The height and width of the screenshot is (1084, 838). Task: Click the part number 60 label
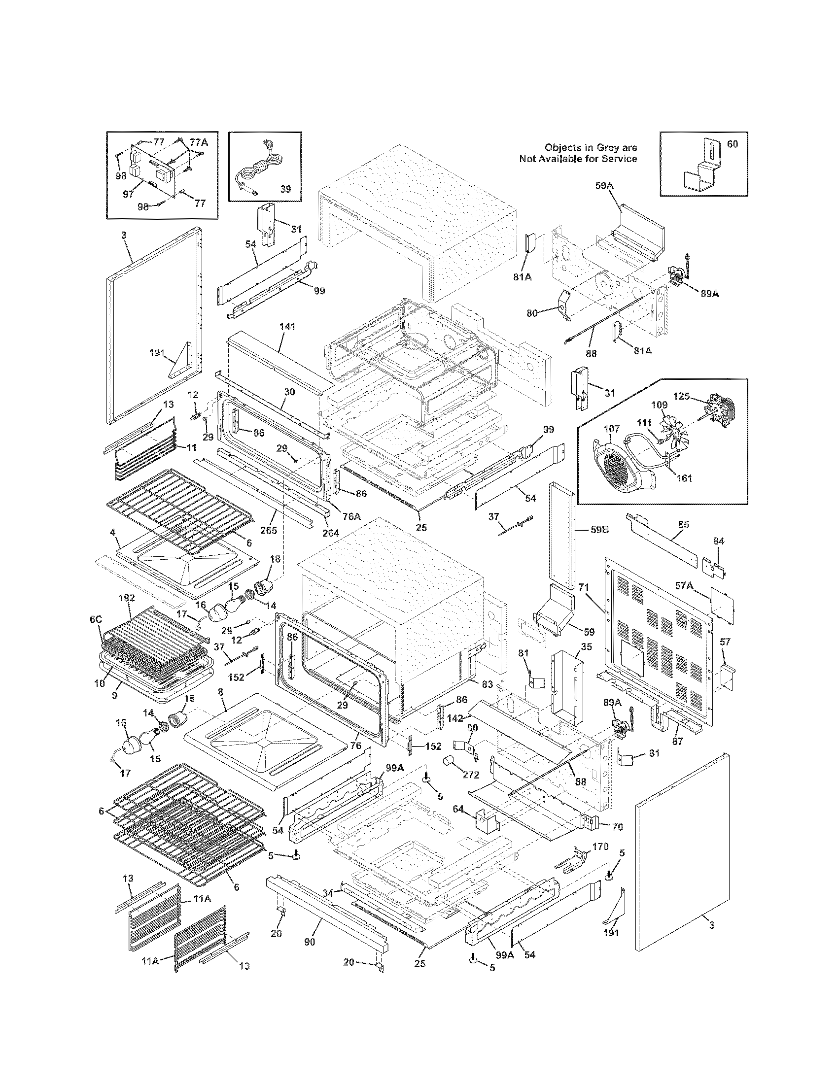pyautogui.click(x=732, y=144)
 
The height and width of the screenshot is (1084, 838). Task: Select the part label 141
pyautogui.click(x=287, y=327)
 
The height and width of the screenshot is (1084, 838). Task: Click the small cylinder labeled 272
pyautogui.click(x=450, y=761)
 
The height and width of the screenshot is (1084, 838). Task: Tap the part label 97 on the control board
pyautogui.click(x=129, y=194)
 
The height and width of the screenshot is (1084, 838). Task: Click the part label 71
pyautogui.click(x=583, y=587)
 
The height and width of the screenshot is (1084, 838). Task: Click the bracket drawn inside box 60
pyautogui.click(x=700, y=168)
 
